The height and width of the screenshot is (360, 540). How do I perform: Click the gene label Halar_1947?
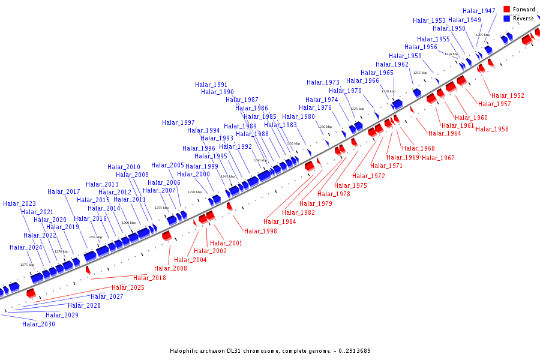(x=479, y=11)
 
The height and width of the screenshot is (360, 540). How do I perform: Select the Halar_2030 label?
(x=38, y=324)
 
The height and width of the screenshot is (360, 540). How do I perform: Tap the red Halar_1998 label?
(x=260, y=231)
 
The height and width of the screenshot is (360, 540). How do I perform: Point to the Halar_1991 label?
(x=211, y=85)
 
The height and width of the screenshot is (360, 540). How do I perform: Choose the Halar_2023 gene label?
(x=19, y=203)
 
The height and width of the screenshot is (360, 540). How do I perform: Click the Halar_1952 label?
(x=508, y=95)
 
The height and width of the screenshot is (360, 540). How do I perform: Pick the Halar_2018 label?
(x=149, y=278)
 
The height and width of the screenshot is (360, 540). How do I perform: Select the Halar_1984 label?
(x=280, y=221)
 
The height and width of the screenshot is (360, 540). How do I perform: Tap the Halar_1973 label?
(x=323, y=82)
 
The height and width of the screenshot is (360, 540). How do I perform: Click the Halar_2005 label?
(x=167, y=165)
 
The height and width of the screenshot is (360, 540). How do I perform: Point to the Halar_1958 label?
(x=492, y=129)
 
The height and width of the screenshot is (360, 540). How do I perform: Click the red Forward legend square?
(x=507, y=10)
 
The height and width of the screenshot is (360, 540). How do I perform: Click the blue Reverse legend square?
(x=507, y=19)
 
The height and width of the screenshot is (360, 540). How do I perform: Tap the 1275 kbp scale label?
(x=28, y=265)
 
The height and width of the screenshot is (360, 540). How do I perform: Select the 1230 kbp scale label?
(x=325, y=127)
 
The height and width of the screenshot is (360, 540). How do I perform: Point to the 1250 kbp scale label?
(x=194, y=192)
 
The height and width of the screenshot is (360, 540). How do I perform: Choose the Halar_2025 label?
(x=128, y=287)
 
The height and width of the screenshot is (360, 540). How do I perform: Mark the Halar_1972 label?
(x=368, y=176)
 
